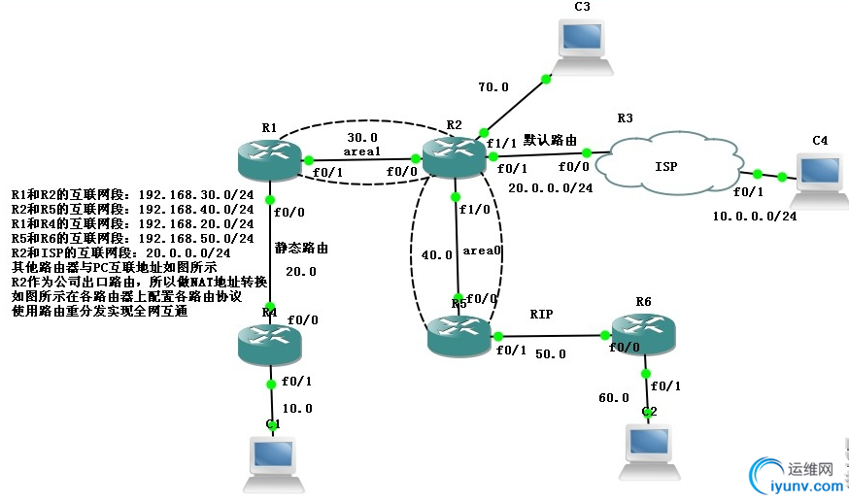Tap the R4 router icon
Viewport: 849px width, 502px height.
[269, 343]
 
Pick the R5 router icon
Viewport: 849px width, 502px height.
[460, 336]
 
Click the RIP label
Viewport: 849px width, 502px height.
[541, 315]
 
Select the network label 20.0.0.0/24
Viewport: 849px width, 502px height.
[550, 188]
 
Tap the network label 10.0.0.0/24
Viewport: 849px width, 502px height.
[754, 217]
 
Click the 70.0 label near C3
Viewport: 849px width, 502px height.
[492, 86]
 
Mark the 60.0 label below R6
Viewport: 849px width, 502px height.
[613, 397]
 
